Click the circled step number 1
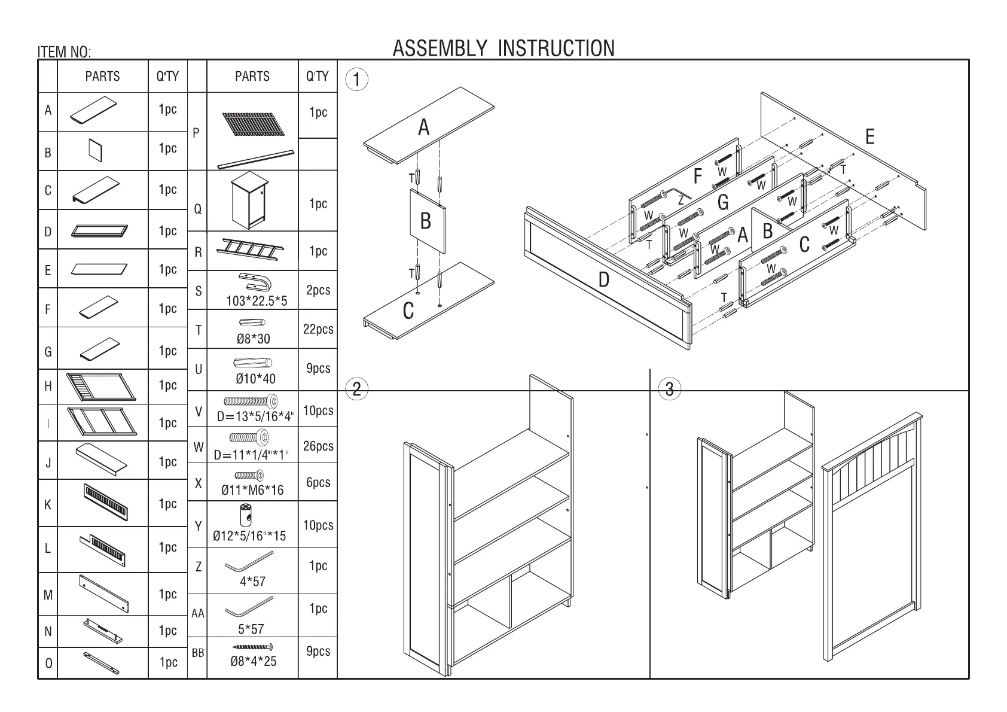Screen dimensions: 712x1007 pyautogui.click(x=357, y=80)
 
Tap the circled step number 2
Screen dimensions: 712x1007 pyautogui.click(x=357, y=390)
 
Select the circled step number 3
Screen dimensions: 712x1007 pyautogui.click(x=669, y=390)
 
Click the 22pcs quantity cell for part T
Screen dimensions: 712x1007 pyautogui.click(x=318, y=329)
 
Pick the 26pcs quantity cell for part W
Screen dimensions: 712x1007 pyautogui.click(x=318, y=446)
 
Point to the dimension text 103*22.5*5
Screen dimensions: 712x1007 pyautogui.click(x=257, y=301)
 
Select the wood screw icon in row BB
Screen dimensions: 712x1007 pyautogui.click(x=252, y=647)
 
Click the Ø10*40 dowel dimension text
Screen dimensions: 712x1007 pyautogui.click(x=255, y=379)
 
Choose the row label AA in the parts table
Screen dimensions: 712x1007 pyautogui.click(x=198, y=614)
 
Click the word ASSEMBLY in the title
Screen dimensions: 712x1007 pyautogui.click(x=439, y=48)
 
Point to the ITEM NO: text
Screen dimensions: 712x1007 pyautogui.click(x=65, y=53)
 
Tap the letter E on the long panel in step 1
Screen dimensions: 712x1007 pyautogui.click(x=870, y=137)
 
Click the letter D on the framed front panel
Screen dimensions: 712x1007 pyautogui.click(x=604, y=279)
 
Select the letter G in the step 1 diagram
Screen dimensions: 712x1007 pyautogui.click(x=723, y=203)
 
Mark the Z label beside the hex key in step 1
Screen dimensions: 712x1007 pyautogui.click(x=681, y=202)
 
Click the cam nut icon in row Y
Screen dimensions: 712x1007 pyautogui.click(x=245, y=514)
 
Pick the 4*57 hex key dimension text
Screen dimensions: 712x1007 pyautogui.click(x=252, y=582)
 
